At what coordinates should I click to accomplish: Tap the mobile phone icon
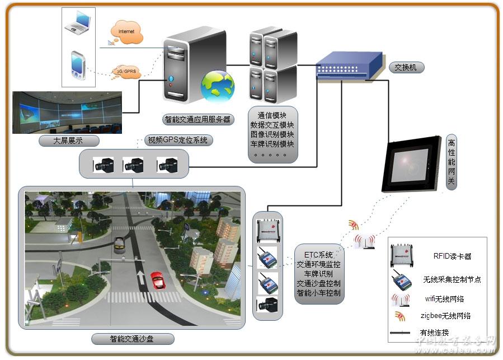tap(78, 64)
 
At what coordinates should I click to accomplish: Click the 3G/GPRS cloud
tap(126, 71)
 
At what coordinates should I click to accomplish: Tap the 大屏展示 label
tap(68, 141)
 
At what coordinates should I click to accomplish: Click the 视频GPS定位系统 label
tap(177, 140)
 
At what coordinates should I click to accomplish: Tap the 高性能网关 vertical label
tap(452, 162)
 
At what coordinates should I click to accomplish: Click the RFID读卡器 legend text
tap(452, 256)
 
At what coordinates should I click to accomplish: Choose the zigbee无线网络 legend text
tap(445, 316)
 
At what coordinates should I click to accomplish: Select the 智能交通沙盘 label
tap(133, 339)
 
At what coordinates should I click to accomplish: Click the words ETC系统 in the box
tap(318, 255)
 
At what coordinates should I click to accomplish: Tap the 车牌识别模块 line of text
tap(272, 144)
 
